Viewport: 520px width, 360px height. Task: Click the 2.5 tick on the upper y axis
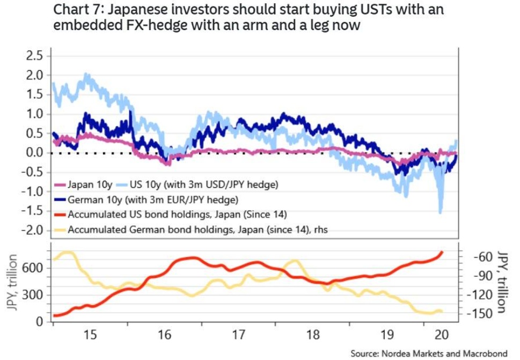(35, 56)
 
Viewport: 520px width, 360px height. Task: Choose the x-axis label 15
(90, 335)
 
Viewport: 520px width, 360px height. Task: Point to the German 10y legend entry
(153, 200)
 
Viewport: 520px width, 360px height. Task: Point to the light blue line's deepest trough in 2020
(441, 212)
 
